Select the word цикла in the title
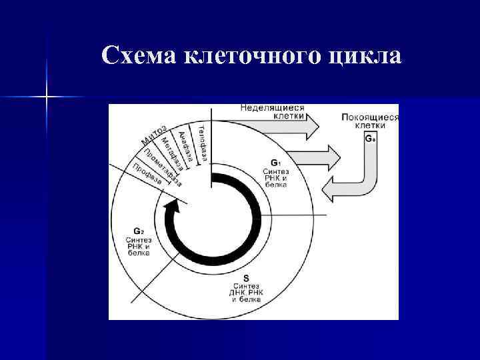click(x=365, y=57)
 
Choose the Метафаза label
click(x=174, y=152)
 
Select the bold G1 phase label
click(x=275, y=162)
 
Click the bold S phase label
click(x=246, y=277)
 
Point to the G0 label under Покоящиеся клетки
click(x=371, y=139)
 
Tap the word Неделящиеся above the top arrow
click(x=272, y=107)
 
